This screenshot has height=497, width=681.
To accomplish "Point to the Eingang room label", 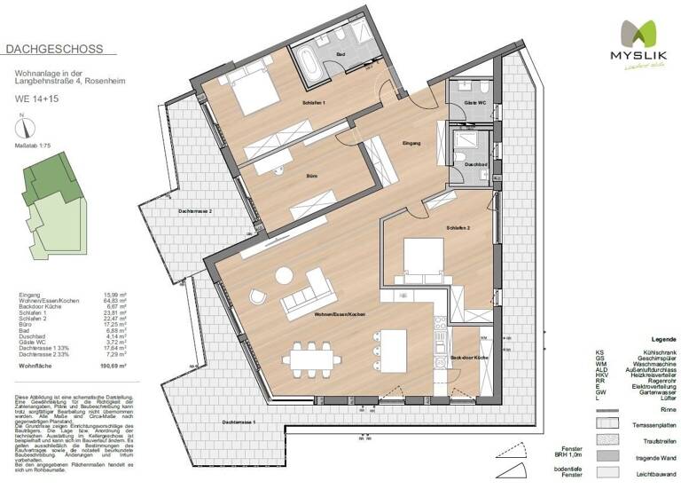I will (411, 143).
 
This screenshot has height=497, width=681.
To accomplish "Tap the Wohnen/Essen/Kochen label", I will (333, 314).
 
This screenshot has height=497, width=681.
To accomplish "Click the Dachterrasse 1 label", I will (240, 421).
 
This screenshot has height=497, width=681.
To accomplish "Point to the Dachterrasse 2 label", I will (195, 211).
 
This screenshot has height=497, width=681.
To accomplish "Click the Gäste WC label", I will (475, 104).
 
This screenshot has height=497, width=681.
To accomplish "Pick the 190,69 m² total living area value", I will (113, 365).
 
